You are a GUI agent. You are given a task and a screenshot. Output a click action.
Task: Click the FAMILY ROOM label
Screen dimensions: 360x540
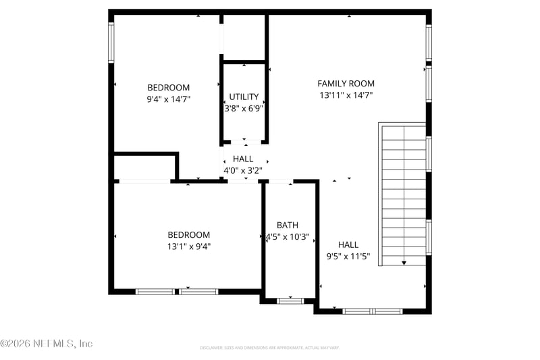[346, 83]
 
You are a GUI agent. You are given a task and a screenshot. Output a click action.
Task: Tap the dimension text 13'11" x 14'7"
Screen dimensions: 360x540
[346, 96]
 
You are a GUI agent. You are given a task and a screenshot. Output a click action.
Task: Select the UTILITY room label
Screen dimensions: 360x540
[244, 97]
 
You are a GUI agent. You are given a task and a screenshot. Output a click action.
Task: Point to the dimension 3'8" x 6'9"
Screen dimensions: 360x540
[244, 108]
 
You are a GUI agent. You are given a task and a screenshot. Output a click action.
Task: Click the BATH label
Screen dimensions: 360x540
[287, 225]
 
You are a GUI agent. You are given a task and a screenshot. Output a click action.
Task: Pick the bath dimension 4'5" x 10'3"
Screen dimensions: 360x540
[287, 237]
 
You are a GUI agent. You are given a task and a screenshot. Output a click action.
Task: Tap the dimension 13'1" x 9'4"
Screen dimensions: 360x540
[188, 247]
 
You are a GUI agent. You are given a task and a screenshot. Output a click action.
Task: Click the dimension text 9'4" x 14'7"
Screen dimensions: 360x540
[168, 99]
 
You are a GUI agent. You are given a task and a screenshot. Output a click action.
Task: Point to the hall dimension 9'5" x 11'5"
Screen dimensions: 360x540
[348, 257]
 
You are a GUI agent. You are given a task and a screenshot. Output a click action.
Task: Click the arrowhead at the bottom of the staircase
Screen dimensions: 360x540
[404, 262]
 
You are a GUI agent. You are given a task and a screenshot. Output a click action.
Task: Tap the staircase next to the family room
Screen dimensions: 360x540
[404, 192]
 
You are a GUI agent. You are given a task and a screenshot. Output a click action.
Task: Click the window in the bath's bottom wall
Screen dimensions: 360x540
[290, 301]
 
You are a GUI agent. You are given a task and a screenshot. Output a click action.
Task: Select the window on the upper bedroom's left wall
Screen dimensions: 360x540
[111, 43]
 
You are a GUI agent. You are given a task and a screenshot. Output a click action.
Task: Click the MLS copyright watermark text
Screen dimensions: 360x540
[46, 344]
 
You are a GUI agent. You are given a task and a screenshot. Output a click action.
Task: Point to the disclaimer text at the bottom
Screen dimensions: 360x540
[269, 348]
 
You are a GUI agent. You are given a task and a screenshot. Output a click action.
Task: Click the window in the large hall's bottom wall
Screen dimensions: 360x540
[372, 311]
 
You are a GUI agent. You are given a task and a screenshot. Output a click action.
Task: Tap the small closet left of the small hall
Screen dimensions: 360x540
[144, 167]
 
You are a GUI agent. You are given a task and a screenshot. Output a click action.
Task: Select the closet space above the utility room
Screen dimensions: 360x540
[244, 37]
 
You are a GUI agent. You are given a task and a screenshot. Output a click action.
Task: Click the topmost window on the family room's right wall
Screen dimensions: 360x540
[429, 43]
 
